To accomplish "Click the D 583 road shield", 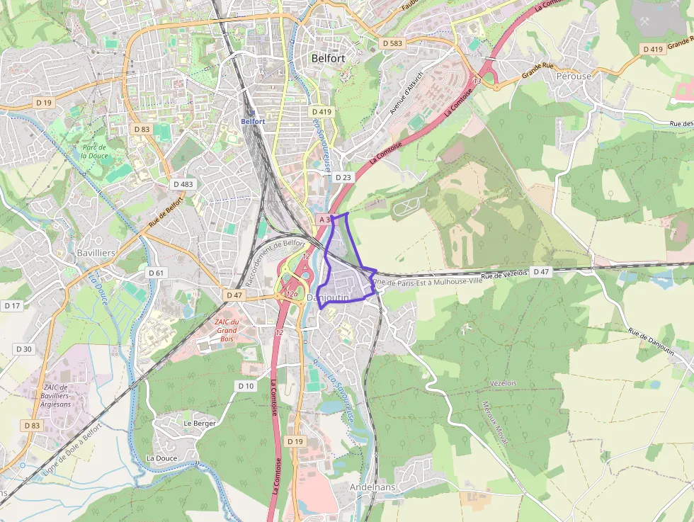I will click(x=392, y=43).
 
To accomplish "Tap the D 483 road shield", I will click(x=183, y=184).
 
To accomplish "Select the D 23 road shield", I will click(x=343, y=177).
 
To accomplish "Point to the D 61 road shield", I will click(x=157, y=273).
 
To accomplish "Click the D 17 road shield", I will click(x=12, y=305).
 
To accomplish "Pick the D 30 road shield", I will click(x=24, y=348).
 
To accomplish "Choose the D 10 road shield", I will click(x=246, y=385).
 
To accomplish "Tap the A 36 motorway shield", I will click(x=324, y=220).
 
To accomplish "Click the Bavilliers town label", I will click(x=96, y=253).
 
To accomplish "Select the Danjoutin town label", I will click(x=329, y=297).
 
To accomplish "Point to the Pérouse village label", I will click(x=573, y=75).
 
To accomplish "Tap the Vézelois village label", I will click(x=503, y=382).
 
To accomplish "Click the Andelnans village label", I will click(x=372, y=487).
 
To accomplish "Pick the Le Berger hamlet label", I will click(x=199, y=423).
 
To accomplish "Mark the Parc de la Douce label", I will click(x=94, y=152).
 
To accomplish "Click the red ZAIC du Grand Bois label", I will click(x=227, y=329).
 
